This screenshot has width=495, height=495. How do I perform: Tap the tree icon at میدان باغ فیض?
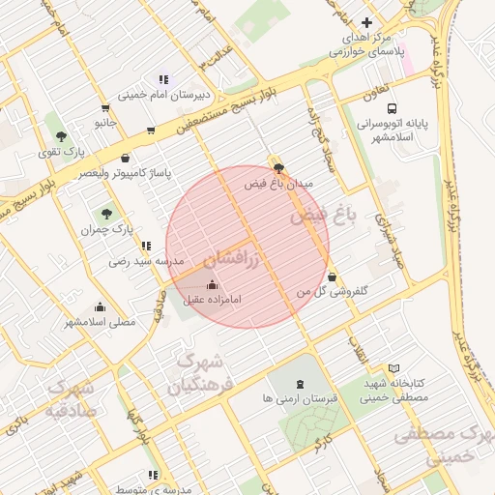[x=279, y=168]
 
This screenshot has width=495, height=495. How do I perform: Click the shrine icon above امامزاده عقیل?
[x=213, y=284]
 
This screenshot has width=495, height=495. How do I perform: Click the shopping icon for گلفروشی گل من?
[x=333, y=277]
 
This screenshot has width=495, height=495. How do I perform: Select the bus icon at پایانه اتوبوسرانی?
[x=393, y=109]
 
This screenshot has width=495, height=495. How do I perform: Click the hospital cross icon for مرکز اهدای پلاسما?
[x=365, y=22]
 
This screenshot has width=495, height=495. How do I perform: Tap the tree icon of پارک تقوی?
[x=62, y=136]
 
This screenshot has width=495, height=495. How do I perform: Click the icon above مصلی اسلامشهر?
[x=101, y=306]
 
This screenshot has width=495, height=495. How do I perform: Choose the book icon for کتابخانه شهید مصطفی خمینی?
[x=393, y=369]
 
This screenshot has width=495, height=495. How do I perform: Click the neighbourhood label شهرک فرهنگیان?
[x=201, y=373]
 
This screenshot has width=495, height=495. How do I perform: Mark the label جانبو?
[x=105, y=124]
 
